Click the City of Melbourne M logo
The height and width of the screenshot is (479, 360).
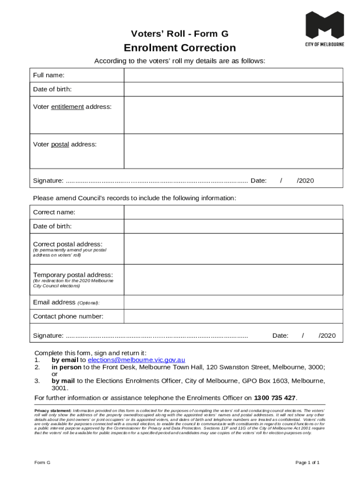324,26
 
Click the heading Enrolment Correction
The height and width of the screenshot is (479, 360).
180,48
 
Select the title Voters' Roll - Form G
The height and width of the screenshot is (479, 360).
180,34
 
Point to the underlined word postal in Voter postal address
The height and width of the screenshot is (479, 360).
60,145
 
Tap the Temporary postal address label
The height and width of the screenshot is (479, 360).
72,275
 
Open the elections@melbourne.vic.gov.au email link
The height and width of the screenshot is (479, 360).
137,360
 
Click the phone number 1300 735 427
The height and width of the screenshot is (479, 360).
274,398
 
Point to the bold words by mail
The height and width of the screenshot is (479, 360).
63,381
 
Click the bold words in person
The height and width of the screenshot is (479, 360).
66,367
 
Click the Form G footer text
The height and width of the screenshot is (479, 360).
42,463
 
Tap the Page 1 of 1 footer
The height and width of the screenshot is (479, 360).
307,463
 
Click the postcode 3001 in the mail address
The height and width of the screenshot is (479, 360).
59,388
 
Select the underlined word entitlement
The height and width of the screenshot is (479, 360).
67,107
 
